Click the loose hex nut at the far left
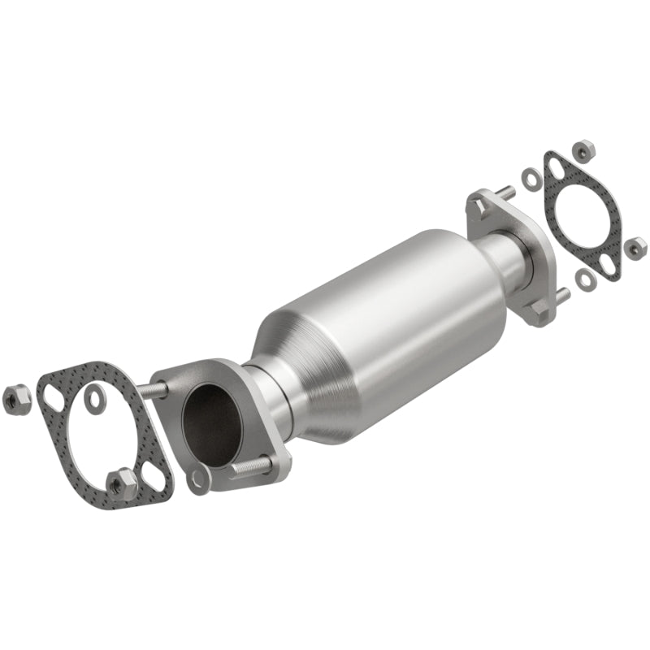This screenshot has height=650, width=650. (x=16, y=397)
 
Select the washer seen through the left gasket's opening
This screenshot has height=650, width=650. (x=96, y=399)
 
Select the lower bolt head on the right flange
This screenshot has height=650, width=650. (x=539, y=312)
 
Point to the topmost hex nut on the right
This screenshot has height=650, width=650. (x=583, y=150)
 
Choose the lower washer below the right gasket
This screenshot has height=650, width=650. (x=584, y=279)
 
